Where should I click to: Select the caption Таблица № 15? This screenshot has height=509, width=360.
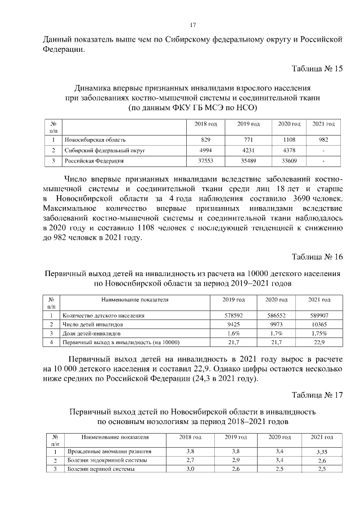pyautogui.click(x=317, y=69)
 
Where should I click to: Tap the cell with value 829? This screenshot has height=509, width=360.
pyautogui.click(x=205, y=139)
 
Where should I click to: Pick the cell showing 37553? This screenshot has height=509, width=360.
pyautogui.click(x=205, y=161)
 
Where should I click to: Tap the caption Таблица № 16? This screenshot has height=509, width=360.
pyautogui.click(x=317, y=256)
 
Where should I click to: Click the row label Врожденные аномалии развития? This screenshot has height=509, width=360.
pyautogui.click(x=109, y=452)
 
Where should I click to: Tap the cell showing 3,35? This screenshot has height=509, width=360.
pyautogui.click(x=322, y=452)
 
